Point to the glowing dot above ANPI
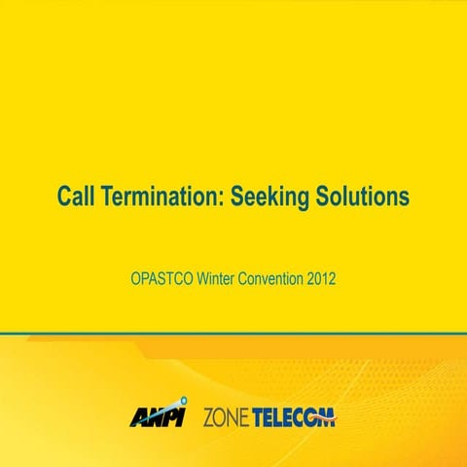coord(178,401)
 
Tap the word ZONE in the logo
coord(226,418)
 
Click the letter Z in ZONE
coord(208,418)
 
